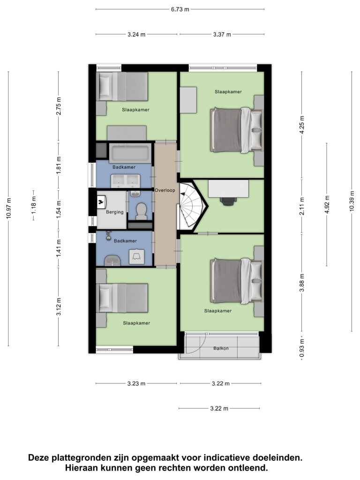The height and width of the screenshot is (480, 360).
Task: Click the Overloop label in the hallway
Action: click(165, 190)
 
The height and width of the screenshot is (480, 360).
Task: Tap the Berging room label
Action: click(115, 212)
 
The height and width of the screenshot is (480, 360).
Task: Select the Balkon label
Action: click(221, 348)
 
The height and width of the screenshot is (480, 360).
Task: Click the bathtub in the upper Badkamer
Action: click(130, 153)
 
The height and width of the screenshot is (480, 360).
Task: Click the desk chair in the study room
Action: click(228, 200)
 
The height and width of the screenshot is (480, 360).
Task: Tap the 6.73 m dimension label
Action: click(180, 9)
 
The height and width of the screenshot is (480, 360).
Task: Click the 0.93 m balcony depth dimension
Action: click(302, 348)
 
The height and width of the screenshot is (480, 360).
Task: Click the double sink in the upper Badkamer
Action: click(125, 181)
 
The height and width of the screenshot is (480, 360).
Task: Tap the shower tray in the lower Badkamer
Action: click(136, 256)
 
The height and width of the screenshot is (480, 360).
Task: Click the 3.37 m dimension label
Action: click(222, 34)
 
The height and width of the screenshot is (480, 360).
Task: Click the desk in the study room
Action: click(228, 188)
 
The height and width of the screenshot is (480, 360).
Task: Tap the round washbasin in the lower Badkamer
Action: click(112, 261)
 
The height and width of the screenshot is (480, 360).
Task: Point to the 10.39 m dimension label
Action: click(352, 201)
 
